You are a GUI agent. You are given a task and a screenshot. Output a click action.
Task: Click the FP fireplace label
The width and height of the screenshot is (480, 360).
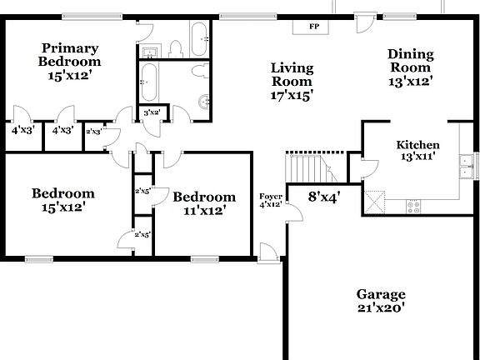point(314,27)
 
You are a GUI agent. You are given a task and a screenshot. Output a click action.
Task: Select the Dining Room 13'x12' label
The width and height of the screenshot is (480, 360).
point(410,67)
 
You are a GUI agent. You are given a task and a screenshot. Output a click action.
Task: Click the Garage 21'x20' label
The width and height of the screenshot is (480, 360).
point(381,301)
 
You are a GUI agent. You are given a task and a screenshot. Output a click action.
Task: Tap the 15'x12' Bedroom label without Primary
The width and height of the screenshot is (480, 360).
point(63,200)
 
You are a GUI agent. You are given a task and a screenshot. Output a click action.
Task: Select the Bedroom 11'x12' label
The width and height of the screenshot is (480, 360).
point(204,203)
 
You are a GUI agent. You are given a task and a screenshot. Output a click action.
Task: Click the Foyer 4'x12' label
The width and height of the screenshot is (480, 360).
point(270,200)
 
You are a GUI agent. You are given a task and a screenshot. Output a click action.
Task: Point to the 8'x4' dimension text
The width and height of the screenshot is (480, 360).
point(323,197)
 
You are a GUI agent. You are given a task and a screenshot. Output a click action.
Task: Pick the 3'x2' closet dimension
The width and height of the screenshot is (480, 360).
point(152,112)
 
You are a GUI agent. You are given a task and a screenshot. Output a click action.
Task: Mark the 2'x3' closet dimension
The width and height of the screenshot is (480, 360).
point(93,131)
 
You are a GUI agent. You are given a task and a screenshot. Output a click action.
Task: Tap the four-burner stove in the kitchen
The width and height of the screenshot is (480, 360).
point(414,206)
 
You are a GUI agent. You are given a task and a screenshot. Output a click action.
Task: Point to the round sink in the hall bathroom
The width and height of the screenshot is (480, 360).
point(204,102)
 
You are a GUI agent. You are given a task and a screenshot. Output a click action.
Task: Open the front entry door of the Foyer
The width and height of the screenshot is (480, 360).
point(268,253)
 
